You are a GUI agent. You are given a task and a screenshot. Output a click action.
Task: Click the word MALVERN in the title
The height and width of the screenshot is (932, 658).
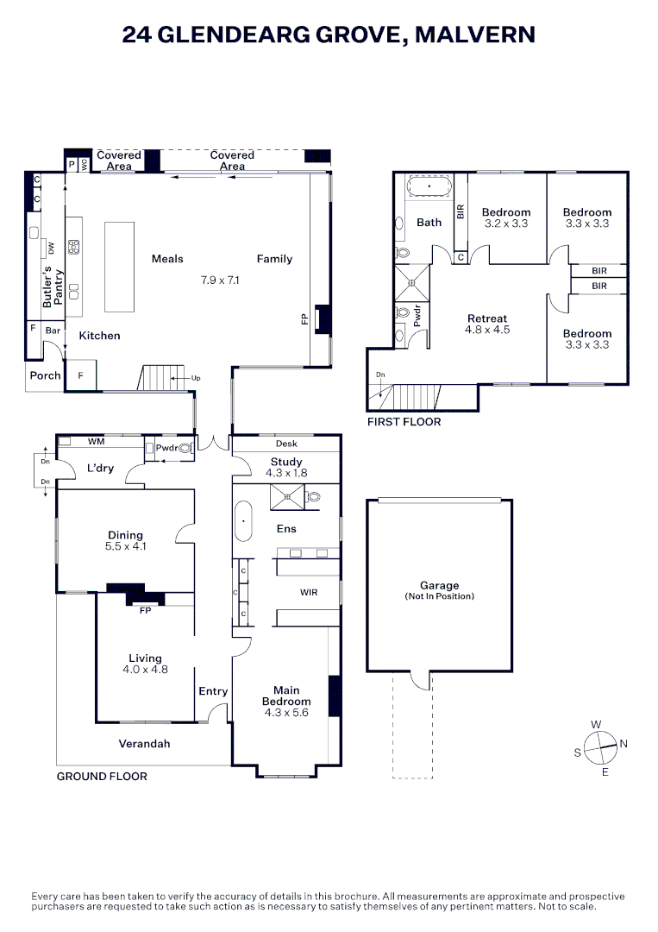(475, 35)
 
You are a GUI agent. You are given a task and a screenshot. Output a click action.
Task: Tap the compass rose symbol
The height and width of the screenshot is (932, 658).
(601, 747)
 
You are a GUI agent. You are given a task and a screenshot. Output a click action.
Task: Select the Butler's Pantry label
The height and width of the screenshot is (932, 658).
(53, 287)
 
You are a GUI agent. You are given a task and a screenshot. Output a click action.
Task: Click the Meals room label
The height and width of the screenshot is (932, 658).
(167, 259)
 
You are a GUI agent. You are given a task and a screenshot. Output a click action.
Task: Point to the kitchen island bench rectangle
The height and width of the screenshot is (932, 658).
(119, 267)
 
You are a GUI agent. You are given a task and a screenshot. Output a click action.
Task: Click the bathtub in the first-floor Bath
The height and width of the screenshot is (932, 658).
(429, 186)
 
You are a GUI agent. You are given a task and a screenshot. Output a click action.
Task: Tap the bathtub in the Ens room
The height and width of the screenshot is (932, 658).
(243, 521)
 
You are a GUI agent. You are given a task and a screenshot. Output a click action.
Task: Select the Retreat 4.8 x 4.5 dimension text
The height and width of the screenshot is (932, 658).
(487, 330)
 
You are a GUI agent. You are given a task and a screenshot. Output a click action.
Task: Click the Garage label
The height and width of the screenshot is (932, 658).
(440, 585)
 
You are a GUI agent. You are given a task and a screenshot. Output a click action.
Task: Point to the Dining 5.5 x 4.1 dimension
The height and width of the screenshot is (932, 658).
(125, 546)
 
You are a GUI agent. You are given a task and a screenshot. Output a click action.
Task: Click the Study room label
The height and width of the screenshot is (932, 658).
(286, 462)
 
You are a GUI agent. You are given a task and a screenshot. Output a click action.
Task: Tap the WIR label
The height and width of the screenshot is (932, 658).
(309, 592)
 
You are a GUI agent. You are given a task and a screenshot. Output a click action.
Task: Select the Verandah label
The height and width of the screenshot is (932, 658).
(144, 744)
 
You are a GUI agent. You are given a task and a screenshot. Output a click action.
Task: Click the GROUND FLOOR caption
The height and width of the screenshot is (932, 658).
(102, 777)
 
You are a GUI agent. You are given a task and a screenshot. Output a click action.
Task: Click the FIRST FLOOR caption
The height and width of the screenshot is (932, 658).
(404, 422)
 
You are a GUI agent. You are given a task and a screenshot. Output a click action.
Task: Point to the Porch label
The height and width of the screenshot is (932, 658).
(45, 375)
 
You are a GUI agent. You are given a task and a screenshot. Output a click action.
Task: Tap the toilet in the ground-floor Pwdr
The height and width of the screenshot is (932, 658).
(186, 448)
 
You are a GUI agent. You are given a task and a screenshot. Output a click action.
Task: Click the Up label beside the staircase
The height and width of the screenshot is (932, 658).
(196, 378)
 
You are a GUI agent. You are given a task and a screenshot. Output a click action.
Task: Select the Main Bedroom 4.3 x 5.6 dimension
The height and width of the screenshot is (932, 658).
(286, 713)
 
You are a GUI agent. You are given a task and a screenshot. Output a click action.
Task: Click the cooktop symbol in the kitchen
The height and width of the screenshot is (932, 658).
(73, 248)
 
